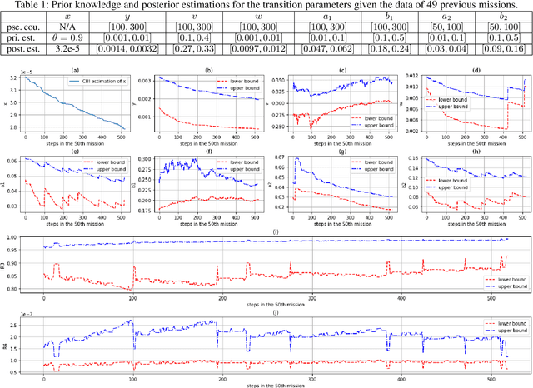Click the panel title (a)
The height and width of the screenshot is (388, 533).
click(x=76, y=71)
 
